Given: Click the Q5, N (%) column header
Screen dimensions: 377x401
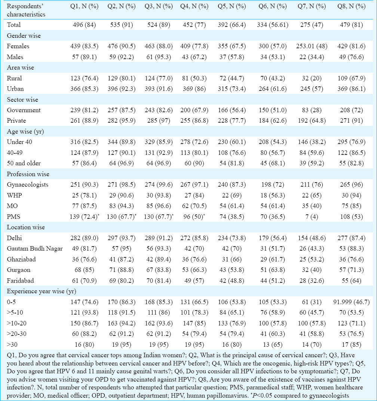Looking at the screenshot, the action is coord(232,6).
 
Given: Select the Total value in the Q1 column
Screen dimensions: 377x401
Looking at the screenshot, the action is coord(85,25).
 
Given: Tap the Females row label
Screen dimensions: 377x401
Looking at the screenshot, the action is coord(18,46).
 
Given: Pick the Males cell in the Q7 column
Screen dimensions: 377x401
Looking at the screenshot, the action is coord(312,57).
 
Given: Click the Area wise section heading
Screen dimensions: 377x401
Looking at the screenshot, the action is coord(20,67).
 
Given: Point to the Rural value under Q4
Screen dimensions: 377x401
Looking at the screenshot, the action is coord(194,78).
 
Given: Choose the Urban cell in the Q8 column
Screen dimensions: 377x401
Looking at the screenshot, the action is coord(352,89).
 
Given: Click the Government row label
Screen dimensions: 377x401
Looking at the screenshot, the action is coord(24,110).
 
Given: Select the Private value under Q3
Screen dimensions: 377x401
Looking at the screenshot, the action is coord(159,121).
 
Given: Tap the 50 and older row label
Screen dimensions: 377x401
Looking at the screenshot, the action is coord(24,163).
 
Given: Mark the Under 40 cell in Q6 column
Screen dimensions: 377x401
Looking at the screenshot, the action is coord(273,142).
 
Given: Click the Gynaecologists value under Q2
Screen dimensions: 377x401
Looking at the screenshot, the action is coord(122,185).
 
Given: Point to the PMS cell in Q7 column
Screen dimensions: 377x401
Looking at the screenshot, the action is coord(312,217).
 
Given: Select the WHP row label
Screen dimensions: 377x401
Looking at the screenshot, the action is coord(14,195).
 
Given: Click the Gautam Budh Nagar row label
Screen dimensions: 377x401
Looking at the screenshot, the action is coord(35,249).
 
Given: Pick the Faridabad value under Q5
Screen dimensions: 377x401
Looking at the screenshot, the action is coord(232,281).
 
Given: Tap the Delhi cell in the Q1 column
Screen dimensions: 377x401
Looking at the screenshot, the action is coord(85,238).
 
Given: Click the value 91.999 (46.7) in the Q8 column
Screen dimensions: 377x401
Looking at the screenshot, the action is coord(352,302).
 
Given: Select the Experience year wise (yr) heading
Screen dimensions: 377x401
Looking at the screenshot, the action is coord(42,291).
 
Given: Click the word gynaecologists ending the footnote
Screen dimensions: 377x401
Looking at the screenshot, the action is coord(329,396).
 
